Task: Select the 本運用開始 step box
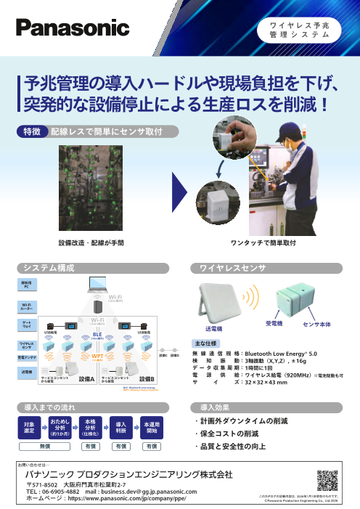[x=152, y=426]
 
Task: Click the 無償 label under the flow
[x=45, y=447]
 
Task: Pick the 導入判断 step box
[x=122, y=426]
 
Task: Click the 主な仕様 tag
[x=203, y=342]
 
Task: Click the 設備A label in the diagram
[x=86, y=378]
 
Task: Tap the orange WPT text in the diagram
[x=97, y=357]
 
